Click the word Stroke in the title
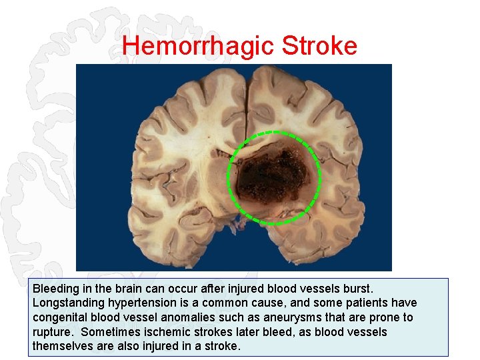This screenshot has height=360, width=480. pyautogui.click(x=320, y=46)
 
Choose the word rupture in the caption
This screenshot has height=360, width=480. pyautogui.click(x=51, y=332)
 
